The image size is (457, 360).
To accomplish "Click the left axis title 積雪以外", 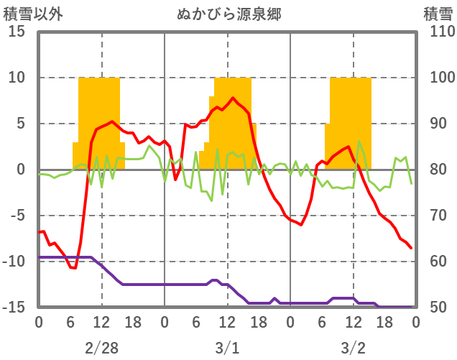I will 28,13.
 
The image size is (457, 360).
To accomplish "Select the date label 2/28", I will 101,348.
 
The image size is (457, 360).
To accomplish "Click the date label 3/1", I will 227,348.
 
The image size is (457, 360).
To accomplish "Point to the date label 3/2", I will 353,348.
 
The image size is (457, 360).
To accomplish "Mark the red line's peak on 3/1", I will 233,98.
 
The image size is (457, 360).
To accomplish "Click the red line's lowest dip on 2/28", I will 73,268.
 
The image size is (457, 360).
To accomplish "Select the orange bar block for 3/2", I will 350,122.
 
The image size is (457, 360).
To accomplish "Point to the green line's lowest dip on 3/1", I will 211,200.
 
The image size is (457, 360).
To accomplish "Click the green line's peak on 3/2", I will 359,142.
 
